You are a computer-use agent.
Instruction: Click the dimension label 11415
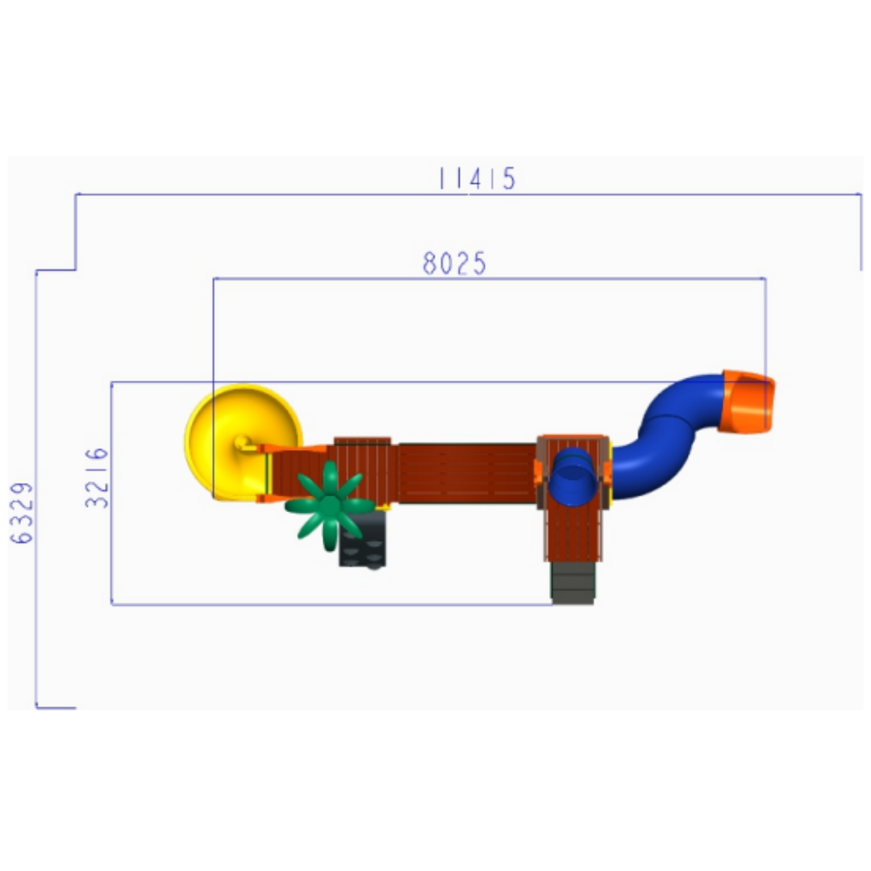[x=477, y=178]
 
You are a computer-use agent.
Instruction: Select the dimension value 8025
[x=454, y=263]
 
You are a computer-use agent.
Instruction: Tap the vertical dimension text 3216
[x=98, y=477]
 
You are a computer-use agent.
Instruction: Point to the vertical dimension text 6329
[x=23, y=513]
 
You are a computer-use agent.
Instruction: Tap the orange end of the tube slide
[x=746, y=402]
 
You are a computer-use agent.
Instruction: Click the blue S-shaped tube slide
[x=667, y=436]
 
